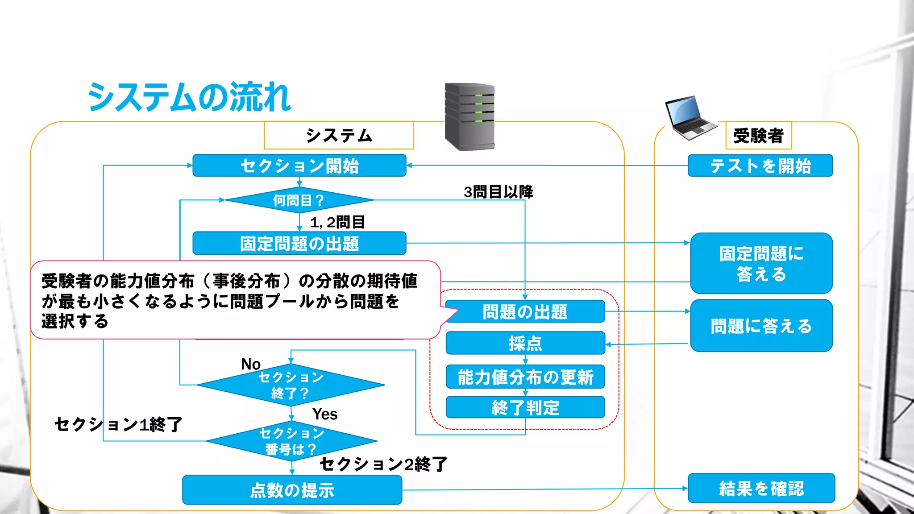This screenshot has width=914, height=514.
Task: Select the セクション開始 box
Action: point(299,166)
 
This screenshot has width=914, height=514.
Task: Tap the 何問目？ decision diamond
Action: point(299,200)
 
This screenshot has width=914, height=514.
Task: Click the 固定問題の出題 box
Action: point(299,244)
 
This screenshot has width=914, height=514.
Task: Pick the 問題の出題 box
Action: point(525,312)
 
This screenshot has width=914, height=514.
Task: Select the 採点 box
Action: point(525,343)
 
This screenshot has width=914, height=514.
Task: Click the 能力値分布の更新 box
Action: point(525,377)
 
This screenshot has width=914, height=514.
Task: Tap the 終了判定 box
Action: point(525,407)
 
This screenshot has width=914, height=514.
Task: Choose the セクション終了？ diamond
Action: point(291,385)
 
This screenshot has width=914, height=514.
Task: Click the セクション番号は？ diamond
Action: point(292,441)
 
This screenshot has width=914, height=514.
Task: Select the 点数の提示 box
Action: point(292,490)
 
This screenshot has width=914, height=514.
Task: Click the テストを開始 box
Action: point(760,166)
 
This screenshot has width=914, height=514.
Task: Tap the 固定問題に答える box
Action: point(761,263)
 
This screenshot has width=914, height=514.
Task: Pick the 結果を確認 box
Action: point(761,488)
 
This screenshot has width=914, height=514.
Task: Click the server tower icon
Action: point(469,117)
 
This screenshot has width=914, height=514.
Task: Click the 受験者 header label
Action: point(758,135)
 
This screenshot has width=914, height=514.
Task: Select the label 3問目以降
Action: point(498,192)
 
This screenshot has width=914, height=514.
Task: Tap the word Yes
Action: point(324,414)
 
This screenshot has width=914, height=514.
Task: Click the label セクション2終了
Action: point(383,464)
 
